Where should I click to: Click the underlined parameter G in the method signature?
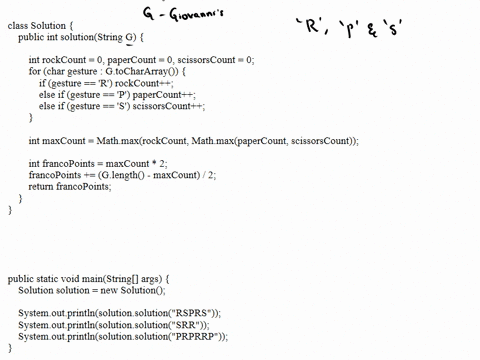129,37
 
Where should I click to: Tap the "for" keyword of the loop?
34,72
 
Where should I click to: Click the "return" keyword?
41,186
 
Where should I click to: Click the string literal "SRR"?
188,325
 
